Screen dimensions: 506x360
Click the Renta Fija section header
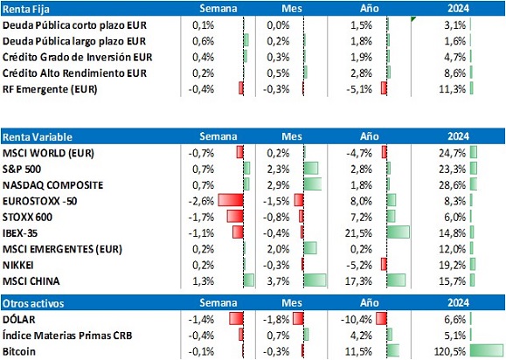click(26, 9)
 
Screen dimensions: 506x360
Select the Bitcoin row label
click(19, 351)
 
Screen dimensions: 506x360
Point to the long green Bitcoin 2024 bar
click(486, 351)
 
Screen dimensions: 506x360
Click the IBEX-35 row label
click(20, 233)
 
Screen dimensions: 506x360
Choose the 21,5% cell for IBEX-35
click(358, 233)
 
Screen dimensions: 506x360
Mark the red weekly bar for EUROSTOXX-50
click(231, 200)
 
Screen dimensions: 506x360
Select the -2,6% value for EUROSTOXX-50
click(201, 201)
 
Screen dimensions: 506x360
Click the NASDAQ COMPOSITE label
click(53, 185)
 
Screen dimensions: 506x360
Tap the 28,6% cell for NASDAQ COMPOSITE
click(452, 185)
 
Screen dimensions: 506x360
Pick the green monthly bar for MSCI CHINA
click(315, 280)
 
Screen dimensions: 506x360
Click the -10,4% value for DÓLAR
click(357, 320)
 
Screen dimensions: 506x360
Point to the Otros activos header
click(33, 303)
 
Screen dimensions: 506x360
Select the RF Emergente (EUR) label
click(50, 89)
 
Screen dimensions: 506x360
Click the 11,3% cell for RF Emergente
click(452, 89)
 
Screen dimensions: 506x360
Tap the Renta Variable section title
click(38, 137)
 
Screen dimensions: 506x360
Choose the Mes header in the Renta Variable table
click(292, 136)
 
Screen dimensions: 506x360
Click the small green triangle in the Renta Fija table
click(413, 19)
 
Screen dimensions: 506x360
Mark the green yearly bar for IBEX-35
click(399, 232)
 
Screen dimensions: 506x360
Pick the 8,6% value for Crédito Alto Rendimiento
click(454, 73)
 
